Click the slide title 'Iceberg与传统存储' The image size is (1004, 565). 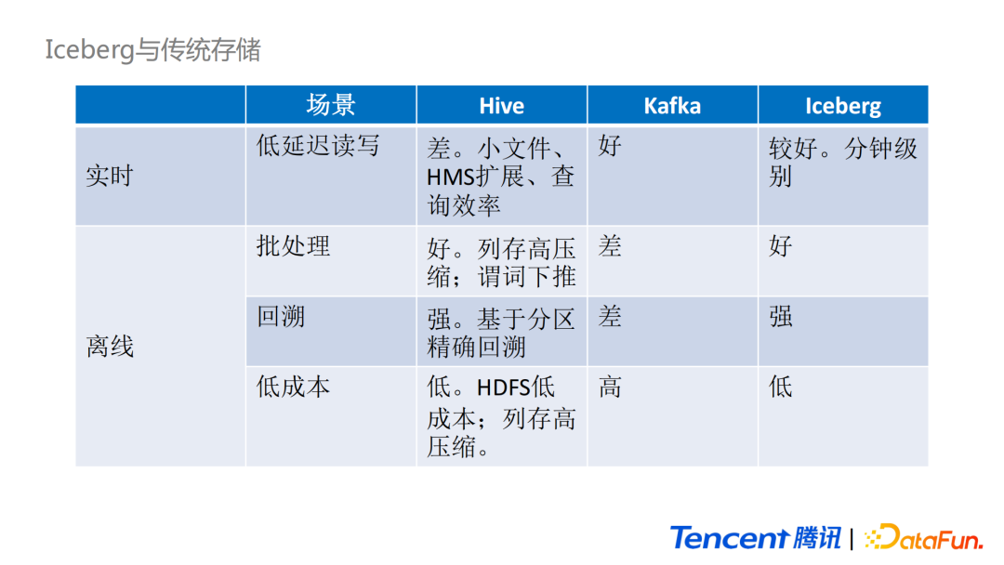pos(152,49)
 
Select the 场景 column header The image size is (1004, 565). pos(331,105)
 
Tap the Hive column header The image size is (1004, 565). pos(501,106)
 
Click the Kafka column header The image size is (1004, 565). pos(672,106)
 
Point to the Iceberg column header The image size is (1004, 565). pos(842,106)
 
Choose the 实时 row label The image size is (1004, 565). pos(110,176)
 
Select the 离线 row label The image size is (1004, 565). pos(110,347)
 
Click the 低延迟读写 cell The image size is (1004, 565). pos(318,146)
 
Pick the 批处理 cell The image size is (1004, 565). pos(293,246)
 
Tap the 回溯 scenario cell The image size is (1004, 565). pos(281,317)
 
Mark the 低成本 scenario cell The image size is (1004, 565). pos(293,387)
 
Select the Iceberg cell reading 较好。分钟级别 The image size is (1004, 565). pos(842,162)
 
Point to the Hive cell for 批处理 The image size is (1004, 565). pos(501,262)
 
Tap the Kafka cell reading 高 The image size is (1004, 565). pos(610,387)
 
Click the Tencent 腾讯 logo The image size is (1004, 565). pos(755,537)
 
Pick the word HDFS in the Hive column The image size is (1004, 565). pos(504,388)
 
